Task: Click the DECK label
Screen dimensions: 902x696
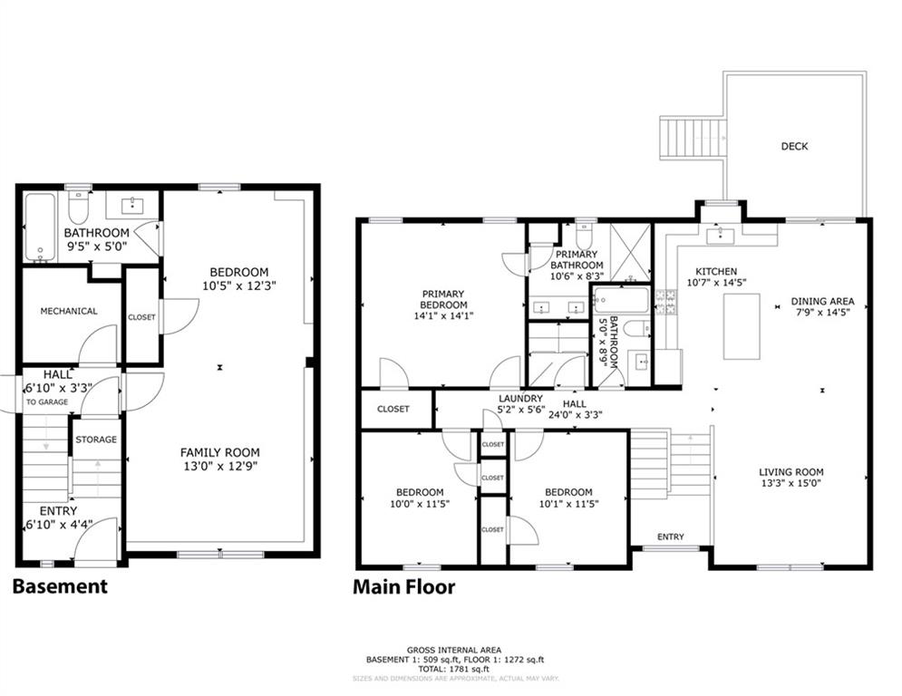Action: point(794,146)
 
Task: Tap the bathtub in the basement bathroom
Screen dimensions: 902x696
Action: point(41,227)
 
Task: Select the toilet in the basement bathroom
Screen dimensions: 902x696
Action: point(78,207)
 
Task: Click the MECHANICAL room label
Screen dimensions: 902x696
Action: point(69,311)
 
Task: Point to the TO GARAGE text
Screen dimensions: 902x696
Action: point(46,402)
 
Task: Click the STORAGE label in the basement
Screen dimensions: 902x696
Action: point(96,440)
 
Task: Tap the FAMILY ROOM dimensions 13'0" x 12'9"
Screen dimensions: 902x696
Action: point(220,466)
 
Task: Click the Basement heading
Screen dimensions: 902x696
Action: point(60,586)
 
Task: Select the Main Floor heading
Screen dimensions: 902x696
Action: point(403,586)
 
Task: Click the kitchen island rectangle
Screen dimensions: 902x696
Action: point(742,326)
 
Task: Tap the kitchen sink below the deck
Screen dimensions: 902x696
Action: point(720,235)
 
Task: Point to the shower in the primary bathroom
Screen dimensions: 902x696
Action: point(630,252)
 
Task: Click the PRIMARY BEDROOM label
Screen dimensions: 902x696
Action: point(443,299)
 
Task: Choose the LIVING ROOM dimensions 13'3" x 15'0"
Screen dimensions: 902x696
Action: point(791,483)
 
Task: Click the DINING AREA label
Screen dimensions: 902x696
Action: point(822,301)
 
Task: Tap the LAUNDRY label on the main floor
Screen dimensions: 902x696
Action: point(520,398)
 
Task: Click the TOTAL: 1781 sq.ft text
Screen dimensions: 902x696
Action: point(454,669)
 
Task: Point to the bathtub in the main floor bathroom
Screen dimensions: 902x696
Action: point(621,300)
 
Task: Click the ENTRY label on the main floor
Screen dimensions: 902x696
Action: point(671,536)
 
